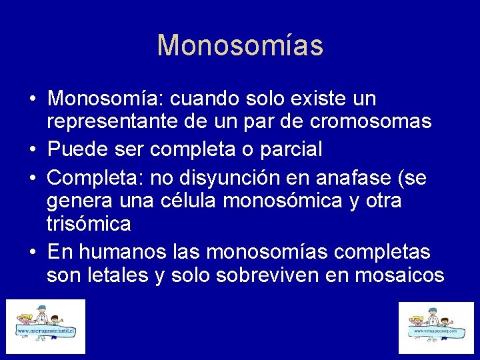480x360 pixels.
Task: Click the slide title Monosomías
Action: (x=240, y=45)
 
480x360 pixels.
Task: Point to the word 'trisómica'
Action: (x=89, y=224)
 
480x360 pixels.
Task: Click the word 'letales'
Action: (x=113, y=275)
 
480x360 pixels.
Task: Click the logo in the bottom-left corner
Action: (x=46, y=326)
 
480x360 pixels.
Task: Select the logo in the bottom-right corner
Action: (x=436, y=327)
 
